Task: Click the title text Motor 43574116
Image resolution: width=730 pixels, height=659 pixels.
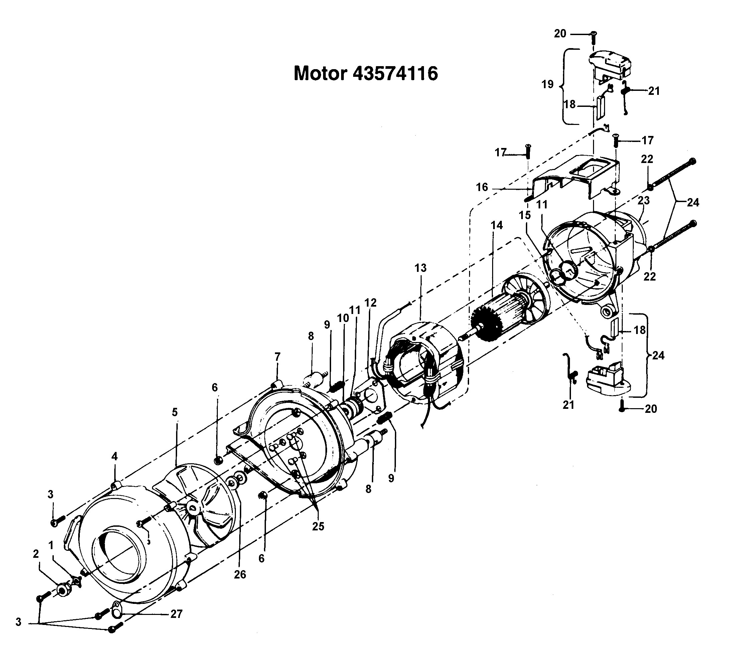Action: (x=366, y=73)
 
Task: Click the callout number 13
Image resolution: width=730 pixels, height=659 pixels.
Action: (x=420, y=268)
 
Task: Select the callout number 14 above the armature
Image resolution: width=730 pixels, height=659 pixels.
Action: (x=496, y=225)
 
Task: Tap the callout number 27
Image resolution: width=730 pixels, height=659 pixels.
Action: (x=176, y=614)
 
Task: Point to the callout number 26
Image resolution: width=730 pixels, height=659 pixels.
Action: (x=240, y=574)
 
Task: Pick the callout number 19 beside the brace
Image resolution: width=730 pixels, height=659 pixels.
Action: (x=548, y=85)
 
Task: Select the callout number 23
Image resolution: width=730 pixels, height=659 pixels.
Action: (x=644, y=200)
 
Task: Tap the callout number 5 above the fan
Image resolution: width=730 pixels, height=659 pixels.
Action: (x=175, y=412)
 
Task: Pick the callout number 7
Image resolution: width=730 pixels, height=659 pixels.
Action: (x=277, y=357)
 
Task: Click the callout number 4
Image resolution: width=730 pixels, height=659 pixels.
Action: (x=114, y=457)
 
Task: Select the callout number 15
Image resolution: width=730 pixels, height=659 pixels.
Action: (x=525, y=215)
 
